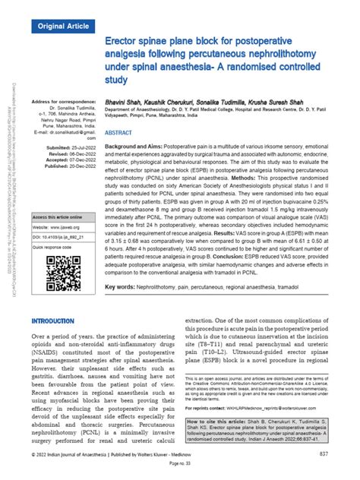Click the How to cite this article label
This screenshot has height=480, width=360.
[x=224, y=419]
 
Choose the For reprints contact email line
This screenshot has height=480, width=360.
[x=258, y=407]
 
